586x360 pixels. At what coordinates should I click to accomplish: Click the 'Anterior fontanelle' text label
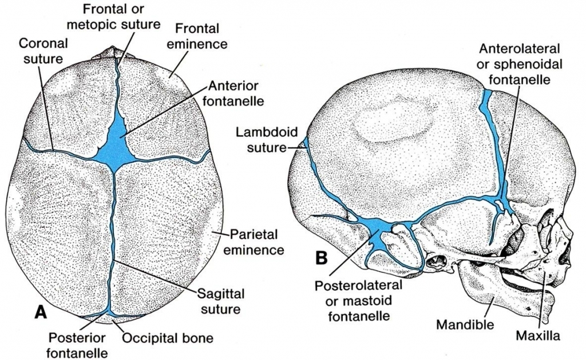[234, 93]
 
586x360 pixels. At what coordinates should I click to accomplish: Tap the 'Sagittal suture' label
[221, 301]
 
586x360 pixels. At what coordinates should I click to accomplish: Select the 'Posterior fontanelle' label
[77, 345]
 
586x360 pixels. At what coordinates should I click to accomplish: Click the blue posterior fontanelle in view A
[106, 314]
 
